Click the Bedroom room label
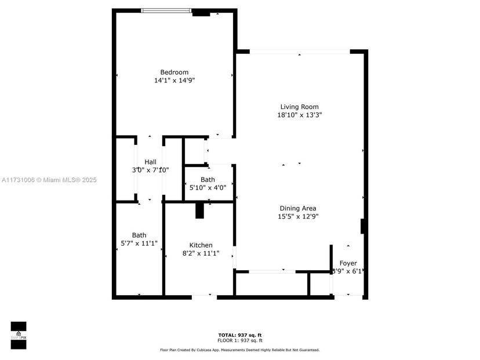pos(174,72)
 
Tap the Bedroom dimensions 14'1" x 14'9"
pos(174,80)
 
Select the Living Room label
pos(299,107)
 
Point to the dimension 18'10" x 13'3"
pos(299,115)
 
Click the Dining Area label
pos(298,208)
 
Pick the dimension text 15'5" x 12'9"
pos(298,216)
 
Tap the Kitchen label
pos(201,245)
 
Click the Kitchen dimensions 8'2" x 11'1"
pos(201,253)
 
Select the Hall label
pos(150,162)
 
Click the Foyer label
pos(348,263)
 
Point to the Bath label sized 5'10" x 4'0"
pos(208,180)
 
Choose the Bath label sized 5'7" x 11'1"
pos(139,235)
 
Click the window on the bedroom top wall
pos(166,10)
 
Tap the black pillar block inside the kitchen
pos(199,210)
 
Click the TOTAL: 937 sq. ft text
pos(239,335)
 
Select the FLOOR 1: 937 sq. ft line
pos(239,340)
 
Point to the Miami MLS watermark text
pos(49,180)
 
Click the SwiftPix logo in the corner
pos(19,335)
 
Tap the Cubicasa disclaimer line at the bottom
pos(239,350)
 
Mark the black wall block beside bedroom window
pos(201,12)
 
